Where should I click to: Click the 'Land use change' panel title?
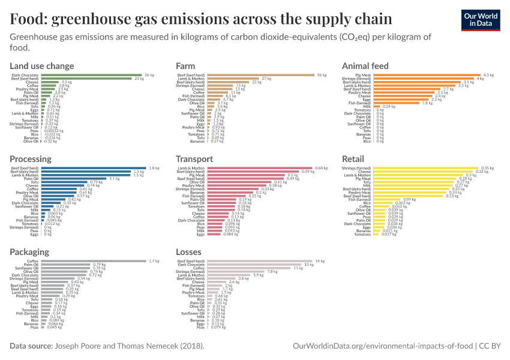click(42, 65)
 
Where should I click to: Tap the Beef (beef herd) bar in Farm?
click(261, 75)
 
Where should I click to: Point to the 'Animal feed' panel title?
click(365, 65)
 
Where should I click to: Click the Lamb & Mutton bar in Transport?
click(260, 168)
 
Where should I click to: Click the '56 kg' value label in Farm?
click(322, 75)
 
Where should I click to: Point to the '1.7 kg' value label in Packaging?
click(154, 261)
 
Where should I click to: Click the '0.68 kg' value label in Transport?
click(322, 168)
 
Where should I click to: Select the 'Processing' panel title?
click(31, 159)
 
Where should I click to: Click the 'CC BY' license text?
click(488, 346)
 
